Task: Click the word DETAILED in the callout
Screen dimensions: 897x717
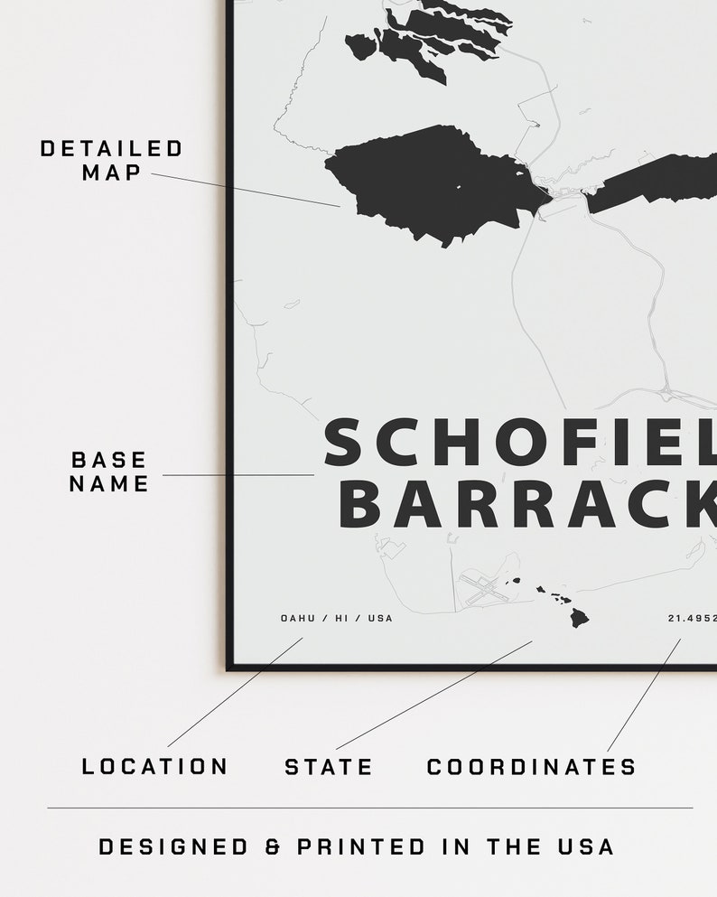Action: pyautogui.click(x=111, y=149)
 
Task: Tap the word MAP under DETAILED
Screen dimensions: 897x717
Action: pyautogui.click(x=111, y=172)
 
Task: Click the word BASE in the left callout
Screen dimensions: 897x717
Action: pyautogui.click(x=108, y=460)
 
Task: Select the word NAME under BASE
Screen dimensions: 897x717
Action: pyautogui.click(x=108, y=483)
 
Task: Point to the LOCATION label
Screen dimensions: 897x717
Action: pyautogui.click(x=154, y=767)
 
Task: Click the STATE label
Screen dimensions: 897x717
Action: pyautogui.click(x=329, y=767)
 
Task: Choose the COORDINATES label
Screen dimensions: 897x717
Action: pyautogui.click(x=531, y=767)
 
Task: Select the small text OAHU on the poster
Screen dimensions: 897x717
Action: pyautogui.click(x=297, y=619)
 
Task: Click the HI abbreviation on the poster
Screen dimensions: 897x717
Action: pyautogui.click(x=341, y=619)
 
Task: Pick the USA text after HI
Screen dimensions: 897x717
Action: pyautogui.click(x=380, y=619)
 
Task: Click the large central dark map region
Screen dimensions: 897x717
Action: pyautogui.click(x=433, y=181)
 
